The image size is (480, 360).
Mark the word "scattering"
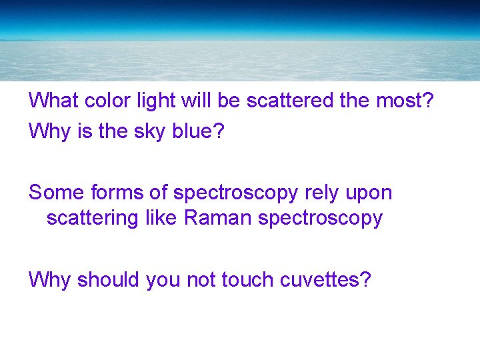click(93, 219)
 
